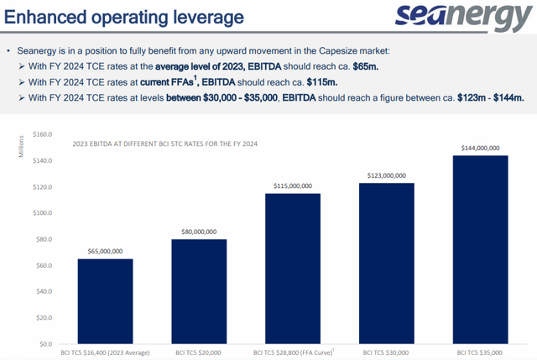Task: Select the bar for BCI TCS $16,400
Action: [x=105, y=301]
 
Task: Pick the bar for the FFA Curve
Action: [x=293, y=269]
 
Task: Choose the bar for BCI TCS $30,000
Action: [x=387, y=263]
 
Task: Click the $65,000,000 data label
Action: [x=105, y=251]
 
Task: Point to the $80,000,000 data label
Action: [x=199, y=232]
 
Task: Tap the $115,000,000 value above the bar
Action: [x=293, y=185]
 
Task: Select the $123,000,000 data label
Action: [x=387, y=175]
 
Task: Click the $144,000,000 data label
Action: [x=480, y=148]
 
